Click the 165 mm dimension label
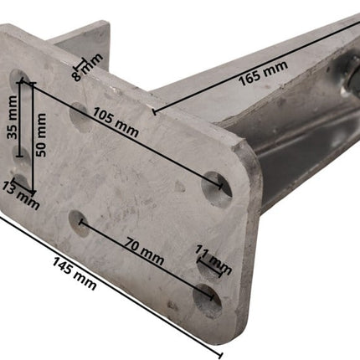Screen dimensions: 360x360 263,73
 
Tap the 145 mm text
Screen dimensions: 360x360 75,274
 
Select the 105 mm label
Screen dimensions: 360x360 116,122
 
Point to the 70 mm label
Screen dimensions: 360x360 144,251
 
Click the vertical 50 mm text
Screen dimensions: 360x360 40,135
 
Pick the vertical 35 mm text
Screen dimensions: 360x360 12,117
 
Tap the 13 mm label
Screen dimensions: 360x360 21,195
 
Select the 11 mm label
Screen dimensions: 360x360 213,260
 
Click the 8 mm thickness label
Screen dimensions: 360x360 88,67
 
